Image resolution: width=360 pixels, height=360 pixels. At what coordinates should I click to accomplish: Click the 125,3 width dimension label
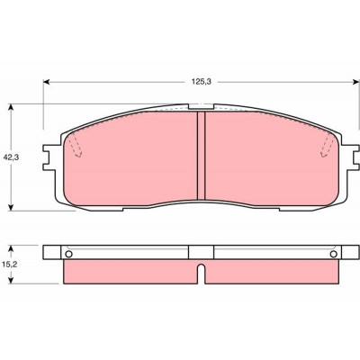(x=202, y=82)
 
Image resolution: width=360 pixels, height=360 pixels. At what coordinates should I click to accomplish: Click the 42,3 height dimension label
(x=11, y=157)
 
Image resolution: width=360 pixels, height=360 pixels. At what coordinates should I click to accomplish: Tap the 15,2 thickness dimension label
(x=11, y=265)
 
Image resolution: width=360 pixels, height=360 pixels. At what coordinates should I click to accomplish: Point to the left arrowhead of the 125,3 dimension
(x=47, y=82)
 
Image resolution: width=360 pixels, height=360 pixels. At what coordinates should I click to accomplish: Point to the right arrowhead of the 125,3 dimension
(x=355, y=82)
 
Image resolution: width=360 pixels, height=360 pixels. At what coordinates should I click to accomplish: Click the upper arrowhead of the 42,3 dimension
(x=11, y=107)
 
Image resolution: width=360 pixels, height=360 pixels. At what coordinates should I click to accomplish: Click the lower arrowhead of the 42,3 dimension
(x=11, y=207)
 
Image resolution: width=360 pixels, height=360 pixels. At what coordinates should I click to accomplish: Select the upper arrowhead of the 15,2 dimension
(x=11, y=249)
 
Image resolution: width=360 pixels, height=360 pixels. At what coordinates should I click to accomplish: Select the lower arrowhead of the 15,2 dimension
(x=11, y=280)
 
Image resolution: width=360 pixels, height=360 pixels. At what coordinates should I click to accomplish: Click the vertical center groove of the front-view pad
(x=201, y=156)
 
